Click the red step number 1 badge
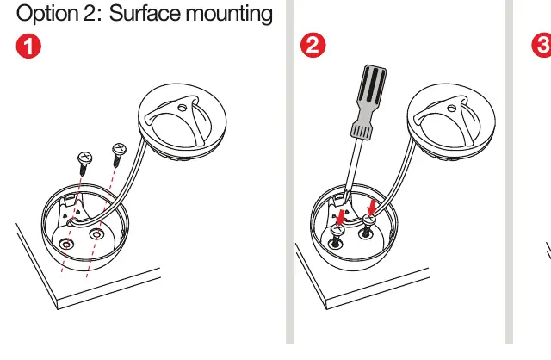(28, 46)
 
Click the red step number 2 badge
(313, 45)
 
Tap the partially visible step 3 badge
(542, 45)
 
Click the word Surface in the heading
(145, 14)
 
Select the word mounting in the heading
(229, 15)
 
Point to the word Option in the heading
(47, 14)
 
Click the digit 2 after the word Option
(89, 14)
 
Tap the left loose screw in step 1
(84, 163)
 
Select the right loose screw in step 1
(119, 154)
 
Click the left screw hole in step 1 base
(66, 244)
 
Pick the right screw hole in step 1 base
(96, 233)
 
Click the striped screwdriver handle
(369, 101)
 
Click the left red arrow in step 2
(340, 218)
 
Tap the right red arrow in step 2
(372, 207)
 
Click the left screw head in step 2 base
(337, 230)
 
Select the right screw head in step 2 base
(369, 220)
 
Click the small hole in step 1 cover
(182, 108)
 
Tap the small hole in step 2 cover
(451, 109)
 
